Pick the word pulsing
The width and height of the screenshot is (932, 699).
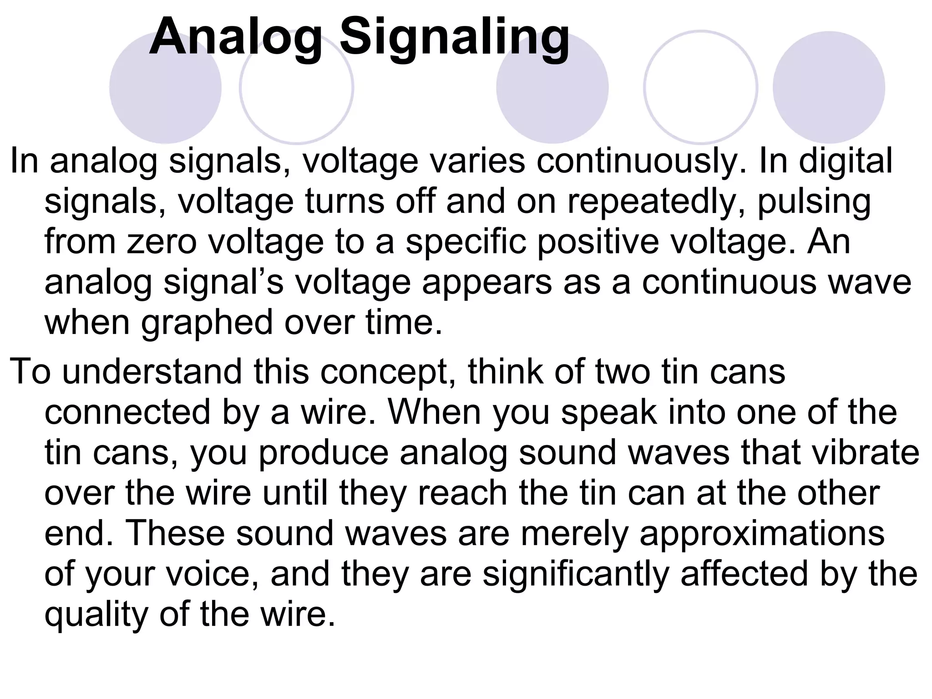814,202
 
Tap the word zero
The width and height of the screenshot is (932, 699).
162,242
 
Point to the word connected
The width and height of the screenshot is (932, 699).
128,412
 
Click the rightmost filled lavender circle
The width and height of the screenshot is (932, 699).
829,87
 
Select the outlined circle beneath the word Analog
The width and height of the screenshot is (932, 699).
296,87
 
